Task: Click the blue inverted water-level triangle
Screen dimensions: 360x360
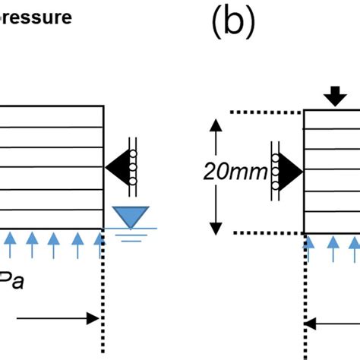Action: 133,216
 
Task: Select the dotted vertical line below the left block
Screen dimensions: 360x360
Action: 101,304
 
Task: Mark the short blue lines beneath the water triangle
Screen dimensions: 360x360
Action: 134,235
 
